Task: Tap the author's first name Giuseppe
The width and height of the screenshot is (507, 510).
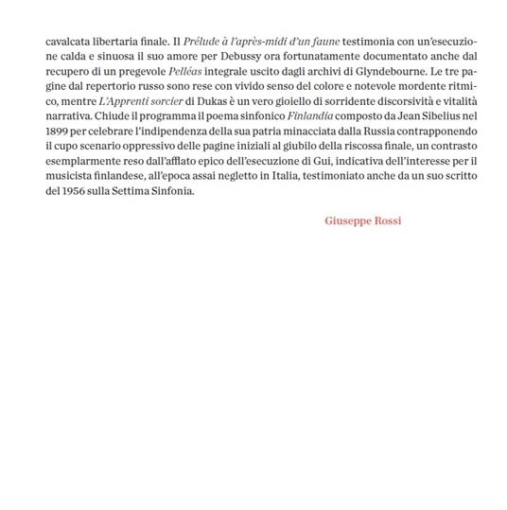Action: tap(349, 220)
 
